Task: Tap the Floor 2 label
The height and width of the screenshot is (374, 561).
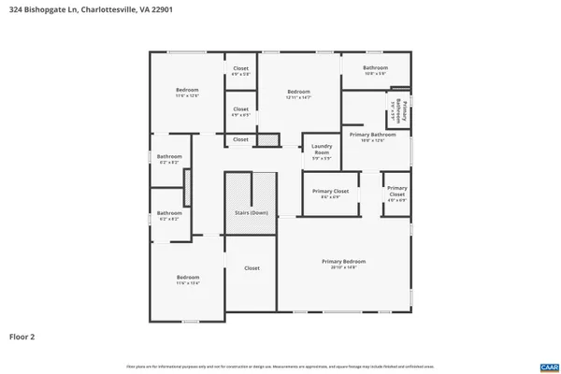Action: click(23, 335)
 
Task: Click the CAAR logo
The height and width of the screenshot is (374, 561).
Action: click(548, 366)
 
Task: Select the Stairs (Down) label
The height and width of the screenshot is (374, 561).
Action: click(251, 212)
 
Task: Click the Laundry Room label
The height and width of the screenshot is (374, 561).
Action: click(323, 150)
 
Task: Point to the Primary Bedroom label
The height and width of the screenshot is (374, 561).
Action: click(343, 261)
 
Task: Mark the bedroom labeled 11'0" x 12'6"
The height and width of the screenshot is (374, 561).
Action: click(187, 93)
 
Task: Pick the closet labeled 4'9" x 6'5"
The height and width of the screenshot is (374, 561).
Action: click(240, 111)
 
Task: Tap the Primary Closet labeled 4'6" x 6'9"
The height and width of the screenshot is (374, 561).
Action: click(396, 194)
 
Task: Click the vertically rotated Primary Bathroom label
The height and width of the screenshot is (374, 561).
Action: click(400, 112)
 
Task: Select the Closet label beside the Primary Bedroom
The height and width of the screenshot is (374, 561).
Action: click(252, 268)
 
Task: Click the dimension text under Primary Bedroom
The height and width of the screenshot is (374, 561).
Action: click(343, 267)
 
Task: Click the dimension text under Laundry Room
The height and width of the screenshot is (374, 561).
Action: click(323, 158)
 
